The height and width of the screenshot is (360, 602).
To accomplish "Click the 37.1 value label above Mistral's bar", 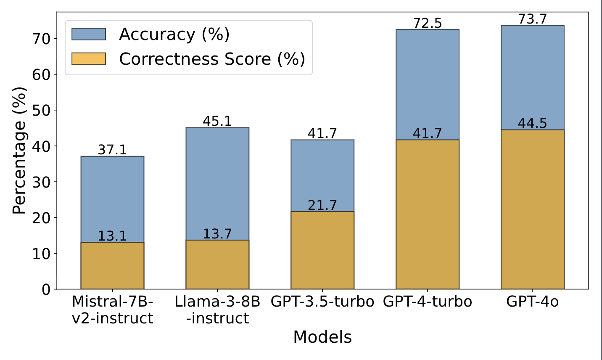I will pyautogui.click(x=112, y=150).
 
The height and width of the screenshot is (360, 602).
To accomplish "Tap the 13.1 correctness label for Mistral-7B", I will pyautogui.click(x=112, y=236).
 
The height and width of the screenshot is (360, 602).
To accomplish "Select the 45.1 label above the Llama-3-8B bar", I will pyautogui.click(x=217, y=121).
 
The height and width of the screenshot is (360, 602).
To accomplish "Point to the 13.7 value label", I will pyautogui.click(x=217, y=233).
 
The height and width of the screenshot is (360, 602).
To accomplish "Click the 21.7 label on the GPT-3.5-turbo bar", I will pyautogui.click(x=322, y=205).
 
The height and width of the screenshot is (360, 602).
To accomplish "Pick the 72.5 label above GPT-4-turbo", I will pyautogui.click(x=428, y=23).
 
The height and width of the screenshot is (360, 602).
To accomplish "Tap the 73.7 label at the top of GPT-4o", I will pyautogui.click(x=533, y=19).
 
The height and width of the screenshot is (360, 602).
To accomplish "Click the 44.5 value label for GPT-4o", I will pyautogui.click(x=533, y=123).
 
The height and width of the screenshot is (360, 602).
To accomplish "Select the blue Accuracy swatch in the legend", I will pyautogui.click(x=89, y=34).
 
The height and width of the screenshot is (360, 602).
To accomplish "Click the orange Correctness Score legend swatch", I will pyautogui.click(x=89, y=58).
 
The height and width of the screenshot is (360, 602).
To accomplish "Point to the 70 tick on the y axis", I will pyautogui.click(x=41, y=39).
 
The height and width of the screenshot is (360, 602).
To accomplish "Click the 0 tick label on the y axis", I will pyautogui.click(x=46, y=289).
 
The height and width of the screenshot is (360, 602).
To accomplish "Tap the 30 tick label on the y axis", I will pyautogui.click(x=41, y=182).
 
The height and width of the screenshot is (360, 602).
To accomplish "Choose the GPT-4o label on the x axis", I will pyautogui.click(x=533, y=302).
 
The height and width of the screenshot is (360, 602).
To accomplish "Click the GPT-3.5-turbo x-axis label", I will pyautogui.click(x=322, y=302).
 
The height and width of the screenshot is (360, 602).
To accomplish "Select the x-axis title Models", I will pyautogui.click(x=322, y=337).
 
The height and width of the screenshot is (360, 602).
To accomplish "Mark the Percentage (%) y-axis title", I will pyautogui.click(x=19, y=150).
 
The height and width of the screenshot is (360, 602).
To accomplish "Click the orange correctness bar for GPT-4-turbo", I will pyautogui.click(x=428, y=214).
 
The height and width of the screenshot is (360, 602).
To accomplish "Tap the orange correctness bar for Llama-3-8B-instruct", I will pyautogui.click(x=217, y=265).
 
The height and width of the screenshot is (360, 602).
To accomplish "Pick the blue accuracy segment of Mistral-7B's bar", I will pyautogui.click(x=112, y=198).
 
